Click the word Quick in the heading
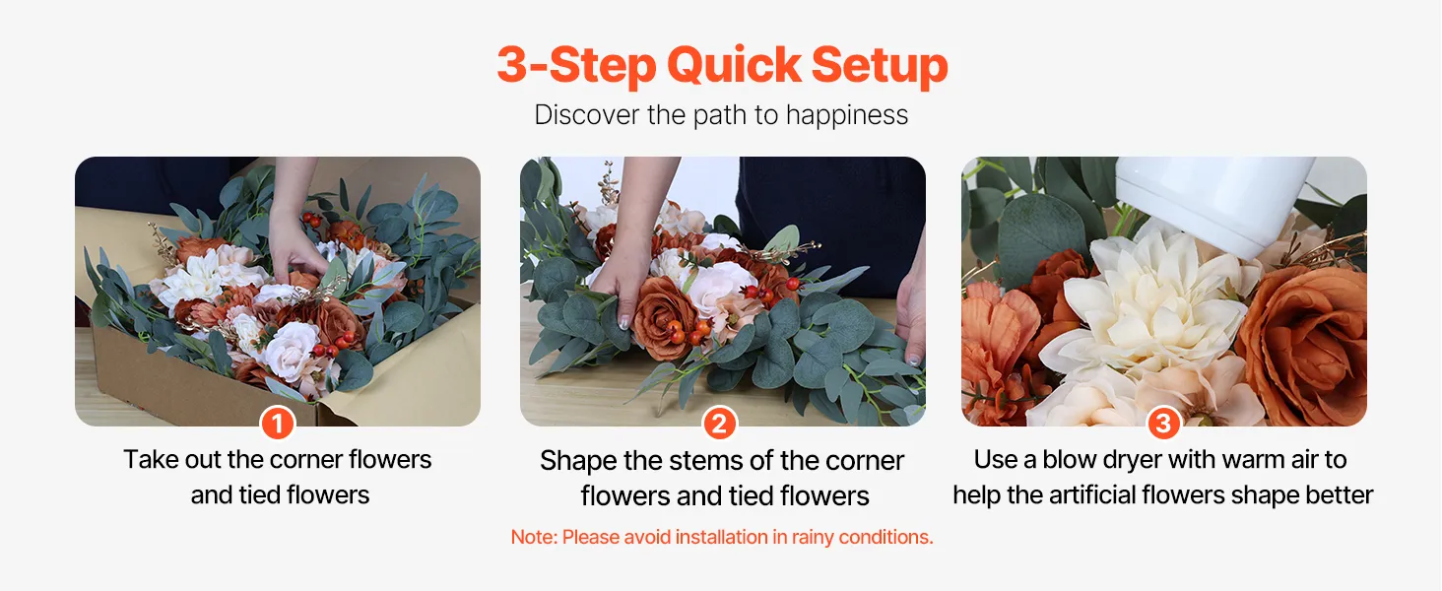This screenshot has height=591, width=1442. [734, 65]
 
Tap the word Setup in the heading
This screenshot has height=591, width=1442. [880, 66]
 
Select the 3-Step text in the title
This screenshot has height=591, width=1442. [576, 66]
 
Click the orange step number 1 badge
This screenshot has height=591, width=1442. [278, 424]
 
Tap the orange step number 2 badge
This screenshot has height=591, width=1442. [719, 424]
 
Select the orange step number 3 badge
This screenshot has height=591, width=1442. [1163, 424]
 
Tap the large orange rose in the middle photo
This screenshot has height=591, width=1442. [663, 315]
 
